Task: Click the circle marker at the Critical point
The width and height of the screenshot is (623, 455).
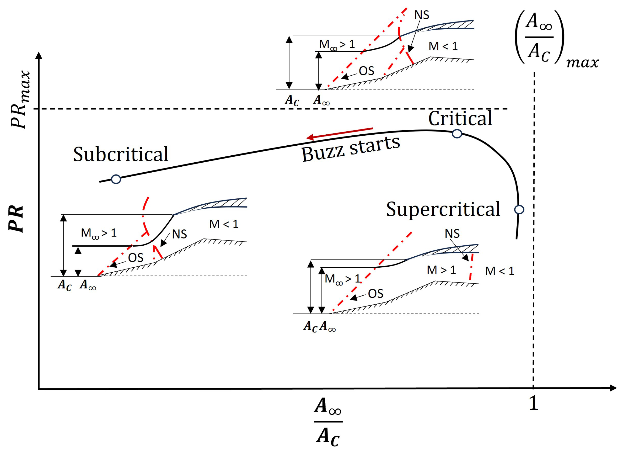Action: [457, 134]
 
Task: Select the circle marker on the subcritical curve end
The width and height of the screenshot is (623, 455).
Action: [116, 179]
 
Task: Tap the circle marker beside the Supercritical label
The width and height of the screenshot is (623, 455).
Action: [519, 210]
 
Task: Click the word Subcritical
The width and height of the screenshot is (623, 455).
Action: [120, 154]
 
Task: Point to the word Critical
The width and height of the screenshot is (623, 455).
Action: [460, 118]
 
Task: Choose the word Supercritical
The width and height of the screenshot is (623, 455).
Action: [443, 209]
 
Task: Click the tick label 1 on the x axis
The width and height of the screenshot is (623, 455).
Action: [533, 403]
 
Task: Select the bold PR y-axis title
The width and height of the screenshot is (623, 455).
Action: [16, 219]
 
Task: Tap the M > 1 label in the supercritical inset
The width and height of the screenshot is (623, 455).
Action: [441, 270]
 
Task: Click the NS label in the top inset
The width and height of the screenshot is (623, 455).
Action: [422, 15]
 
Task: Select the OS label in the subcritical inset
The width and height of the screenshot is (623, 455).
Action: [136, 258]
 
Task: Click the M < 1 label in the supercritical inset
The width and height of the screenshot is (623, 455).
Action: [499, 271]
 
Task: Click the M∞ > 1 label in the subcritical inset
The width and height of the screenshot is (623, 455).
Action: [98, 233]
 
